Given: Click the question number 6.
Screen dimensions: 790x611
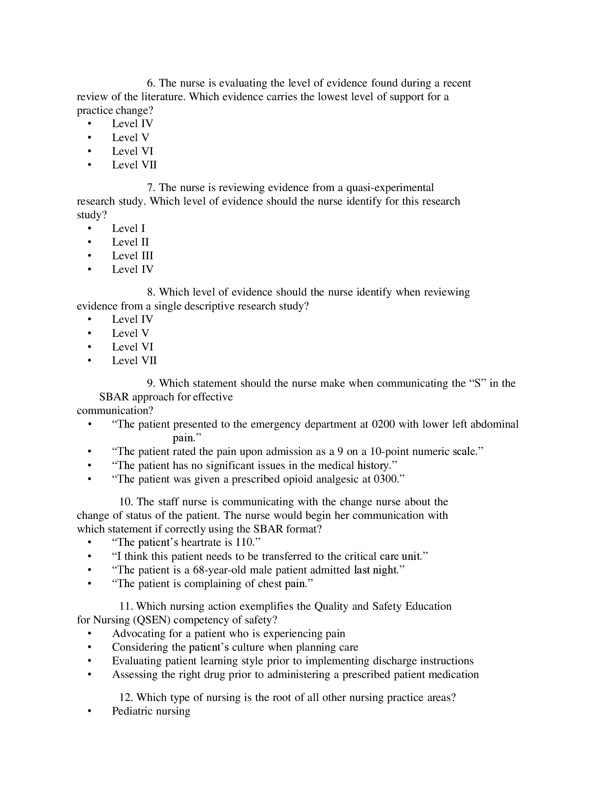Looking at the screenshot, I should pyautogui.click(x=151, y=83).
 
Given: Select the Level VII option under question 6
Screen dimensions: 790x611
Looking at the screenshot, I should pyautogui.click(x=134, y=165).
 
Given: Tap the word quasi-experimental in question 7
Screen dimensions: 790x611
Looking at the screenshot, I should pyautogui.click(x=390, y=187).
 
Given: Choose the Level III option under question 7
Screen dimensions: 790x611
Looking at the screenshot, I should pyautogui.click(x=133, y=256).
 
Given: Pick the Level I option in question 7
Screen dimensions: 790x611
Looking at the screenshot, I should pyautogui.click(x=128, y=228).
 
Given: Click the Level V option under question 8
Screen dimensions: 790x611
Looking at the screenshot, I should pyautogui.click(x=130, y=333).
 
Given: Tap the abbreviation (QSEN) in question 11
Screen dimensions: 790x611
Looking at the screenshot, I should pyautogui.click(x=152, y=620).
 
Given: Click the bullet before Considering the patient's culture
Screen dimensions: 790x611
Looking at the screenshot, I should pyautogui.click(x=89, y=647).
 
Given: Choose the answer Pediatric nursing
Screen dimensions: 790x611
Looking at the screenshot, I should pyautogui.click(x=151, y=711).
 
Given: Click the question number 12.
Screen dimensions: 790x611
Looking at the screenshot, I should pyautogui.click(x=126, y=697).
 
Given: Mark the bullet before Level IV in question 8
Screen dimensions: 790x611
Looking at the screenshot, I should pyautogui.click(x=89, y=319).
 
